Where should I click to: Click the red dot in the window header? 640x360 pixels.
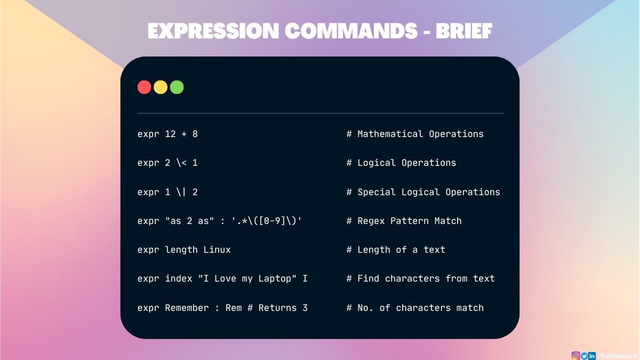point(144,87)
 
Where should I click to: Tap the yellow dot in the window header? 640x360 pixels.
point(161,87)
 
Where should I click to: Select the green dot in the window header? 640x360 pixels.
point(177,87)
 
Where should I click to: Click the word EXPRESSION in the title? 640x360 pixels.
point(213,31)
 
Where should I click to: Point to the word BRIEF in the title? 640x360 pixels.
point(463,31)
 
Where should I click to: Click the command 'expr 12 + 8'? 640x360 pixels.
point(167,134)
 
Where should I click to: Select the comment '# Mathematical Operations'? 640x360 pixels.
point(415,134)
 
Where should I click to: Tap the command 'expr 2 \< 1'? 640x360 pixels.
point(167,163)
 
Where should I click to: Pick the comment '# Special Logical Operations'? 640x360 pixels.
point(423,192)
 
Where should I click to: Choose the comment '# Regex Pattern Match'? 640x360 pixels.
point(404,221)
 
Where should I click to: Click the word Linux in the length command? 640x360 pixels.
point(217,250)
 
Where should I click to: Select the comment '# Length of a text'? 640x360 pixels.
point(396,250)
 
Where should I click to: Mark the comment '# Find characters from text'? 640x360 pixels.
point(421,278)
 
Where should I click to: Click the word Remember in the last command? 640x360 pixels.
point(187,308)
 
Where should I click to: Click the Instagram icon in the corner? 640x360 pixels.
point(575,356)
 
